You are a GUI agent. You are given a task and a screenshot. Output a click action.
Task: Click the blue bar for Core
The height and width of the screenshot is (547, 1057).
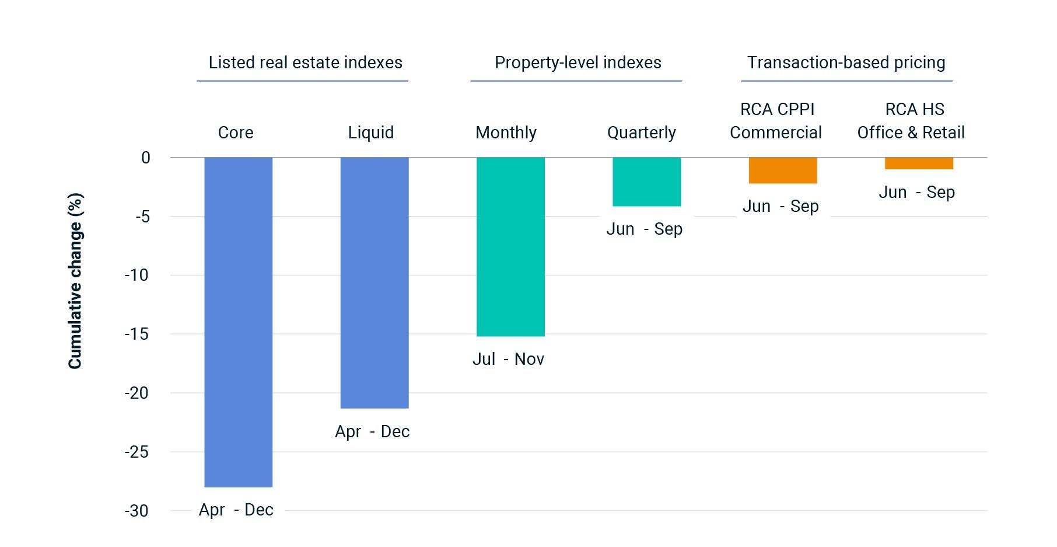pos(238,322)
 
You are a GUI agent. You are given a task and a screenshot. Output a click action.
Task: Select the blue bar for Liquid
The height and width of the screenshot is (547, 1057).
pos(374,283)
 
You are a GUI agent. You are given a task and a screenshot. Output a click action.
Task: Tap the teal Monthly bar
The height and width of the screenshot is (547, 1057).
pos(510,246)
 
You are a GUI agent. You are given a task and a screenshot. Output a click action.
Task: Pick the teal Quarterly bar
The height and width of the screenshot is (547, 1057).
pos(646,182)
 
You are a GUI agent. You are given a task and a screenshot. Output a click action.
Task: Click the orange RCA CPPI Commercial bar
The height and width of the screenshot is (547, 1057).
pos(783,170)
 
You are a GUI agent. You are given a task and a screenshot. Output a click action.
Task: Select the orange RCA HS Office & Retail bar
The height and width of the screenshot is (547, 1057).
pos(919,163)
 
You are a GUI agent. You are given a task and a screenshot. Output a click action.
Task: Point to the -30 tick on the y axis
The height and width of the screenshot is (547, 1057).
pos(136,511)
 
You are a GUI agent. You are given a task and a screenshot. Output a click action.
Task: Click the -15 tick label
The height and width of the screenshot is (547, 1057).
pos(136,334)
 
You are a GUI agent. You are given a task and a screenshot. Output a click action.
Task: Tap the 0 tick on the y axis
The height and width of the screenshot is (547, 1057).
pos(145,158)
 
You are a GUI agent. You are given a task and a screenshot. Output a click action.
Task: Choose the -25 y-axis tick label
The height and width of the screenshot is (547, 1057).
pos(136,452)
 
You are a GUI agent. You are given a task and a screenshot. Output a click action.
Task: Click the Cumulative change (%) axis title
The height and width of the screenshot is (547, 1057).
pos(75,281)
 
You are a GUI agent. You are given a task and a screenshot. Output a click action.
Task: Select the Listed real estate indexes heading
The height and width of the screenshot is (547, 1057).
pos(305,62)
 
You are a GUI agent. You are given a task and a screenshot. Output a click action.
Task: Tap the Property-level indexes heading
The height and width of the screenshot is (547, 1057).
pos(577,62)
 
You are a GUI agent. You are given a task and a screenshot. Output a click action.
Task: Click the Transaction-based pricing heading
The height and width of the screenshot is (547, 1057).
pos(846,62)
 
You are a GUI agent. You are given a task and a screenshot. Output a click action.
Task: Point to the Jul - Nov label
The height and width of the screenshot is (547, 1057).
pos(508,359)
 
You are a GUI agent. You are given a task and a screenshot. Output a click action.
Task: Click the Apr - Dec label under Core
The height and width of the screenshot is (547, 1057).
pos(236,510)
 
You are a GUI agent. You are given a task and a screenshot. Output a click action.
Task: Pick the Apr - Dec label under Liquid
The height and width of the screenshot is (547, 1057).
pos(372,431)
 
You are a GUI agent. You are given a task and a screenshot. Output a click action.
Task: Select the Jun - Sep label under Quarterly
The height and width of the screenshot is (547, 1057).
pos(644,229)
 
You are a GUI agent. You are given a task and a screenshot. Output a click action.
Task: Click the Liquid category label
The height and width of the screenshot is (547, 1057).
pos(371,133)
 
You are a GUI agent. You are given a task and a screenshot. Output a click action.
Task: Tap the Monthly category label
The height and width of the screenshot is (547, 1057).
pos(506,133)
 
